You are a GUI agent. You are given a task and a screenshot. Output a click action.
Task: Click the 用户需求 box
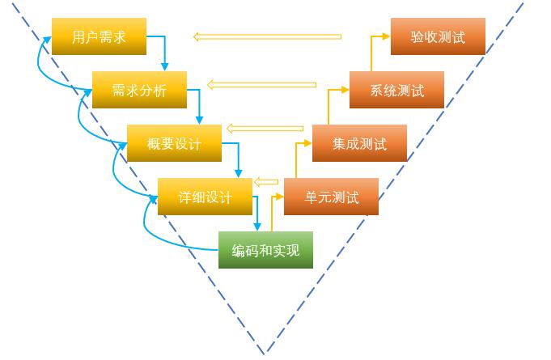click(x=99, y=37)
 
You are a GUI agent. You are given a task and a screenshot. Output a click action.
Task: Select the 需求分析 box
click(x=139, y=91)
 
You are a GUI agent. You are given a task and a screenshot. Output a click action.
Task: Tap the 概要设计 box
click(x=174, y=144)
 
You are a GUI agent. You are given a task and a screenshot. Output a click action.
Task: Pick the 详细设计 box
click(x=205, y=197)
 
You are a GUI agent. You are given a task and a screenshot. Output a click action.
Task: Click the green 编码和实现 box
click(x=265, y=251)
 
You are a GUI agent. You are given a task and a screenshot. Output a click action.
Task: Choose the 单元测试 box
click(x=332, y=197)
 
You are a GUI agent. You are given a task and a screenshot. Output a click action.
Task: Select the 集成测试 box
click(x=359, y=144)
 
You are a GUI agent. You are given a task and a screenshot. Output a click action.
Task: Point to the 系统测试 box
click(x=397, y=91)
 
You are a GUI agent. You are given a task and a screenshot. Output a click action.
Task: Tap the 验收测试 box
click(x=438, y=37)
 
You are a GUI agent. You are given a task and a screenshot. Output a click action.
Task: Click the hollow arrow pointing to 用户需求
click(x=267, y=36)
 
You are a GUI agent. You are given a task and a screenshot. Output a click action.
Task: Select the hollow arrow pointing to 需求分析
click(x=261, y=84)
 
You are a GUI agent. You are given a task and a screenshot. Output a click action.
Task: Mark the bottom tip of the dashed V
click(x=265, y=353)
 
